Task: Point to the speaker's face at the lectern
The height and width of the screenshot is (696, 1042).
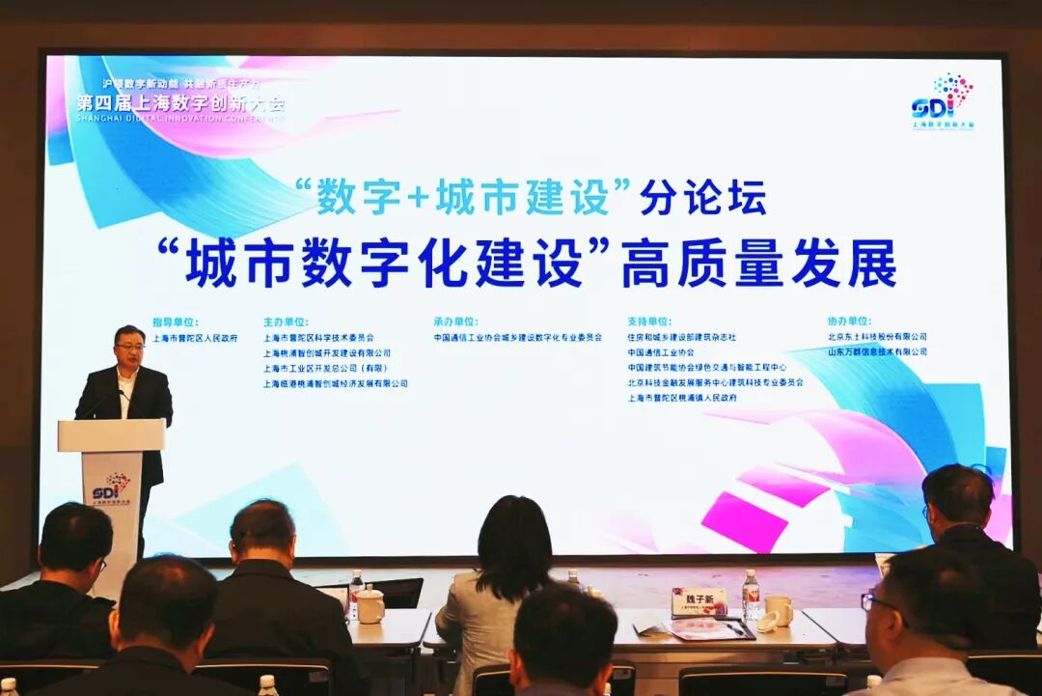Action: click(x=128, y=348)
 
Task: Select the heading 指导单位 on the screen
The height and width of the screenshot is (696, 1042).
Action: click(x=175, y=321)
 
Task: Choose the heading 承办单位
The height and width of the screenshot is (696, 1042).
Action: click(x=455, y=321)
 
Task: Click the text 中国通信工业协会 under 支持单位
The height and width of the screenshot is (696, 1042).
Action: click(x=661, y=352)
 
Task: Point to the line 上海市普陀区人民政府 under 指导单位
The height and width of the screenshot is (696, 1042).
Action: click(x=195, y=338)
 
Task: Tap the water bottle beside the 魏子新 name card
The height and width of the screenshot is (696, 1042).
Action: click(x=751, y=595)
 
